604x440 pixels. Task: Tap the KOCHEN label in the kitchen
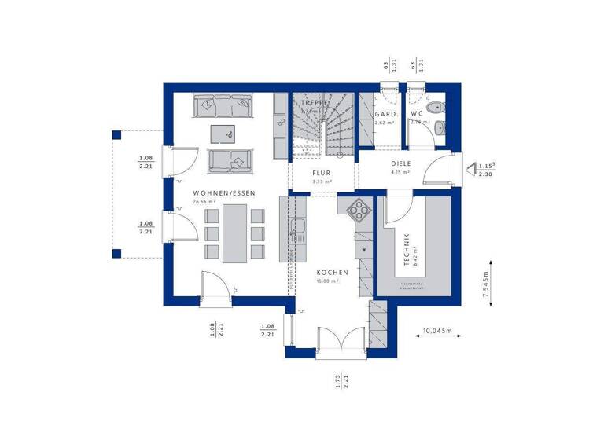(332, 272)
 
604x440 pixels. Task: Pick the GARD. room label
(385, 114)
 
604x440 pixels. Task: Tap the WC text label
(417, 114)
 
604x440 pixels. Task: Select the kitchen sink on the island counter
(297, 229)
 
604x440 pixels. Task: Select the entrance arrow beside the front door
(470, 167)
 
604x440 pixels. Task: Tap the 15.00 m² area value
(327, 280)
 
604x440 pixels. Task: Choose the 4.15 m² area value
(401, 172)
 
